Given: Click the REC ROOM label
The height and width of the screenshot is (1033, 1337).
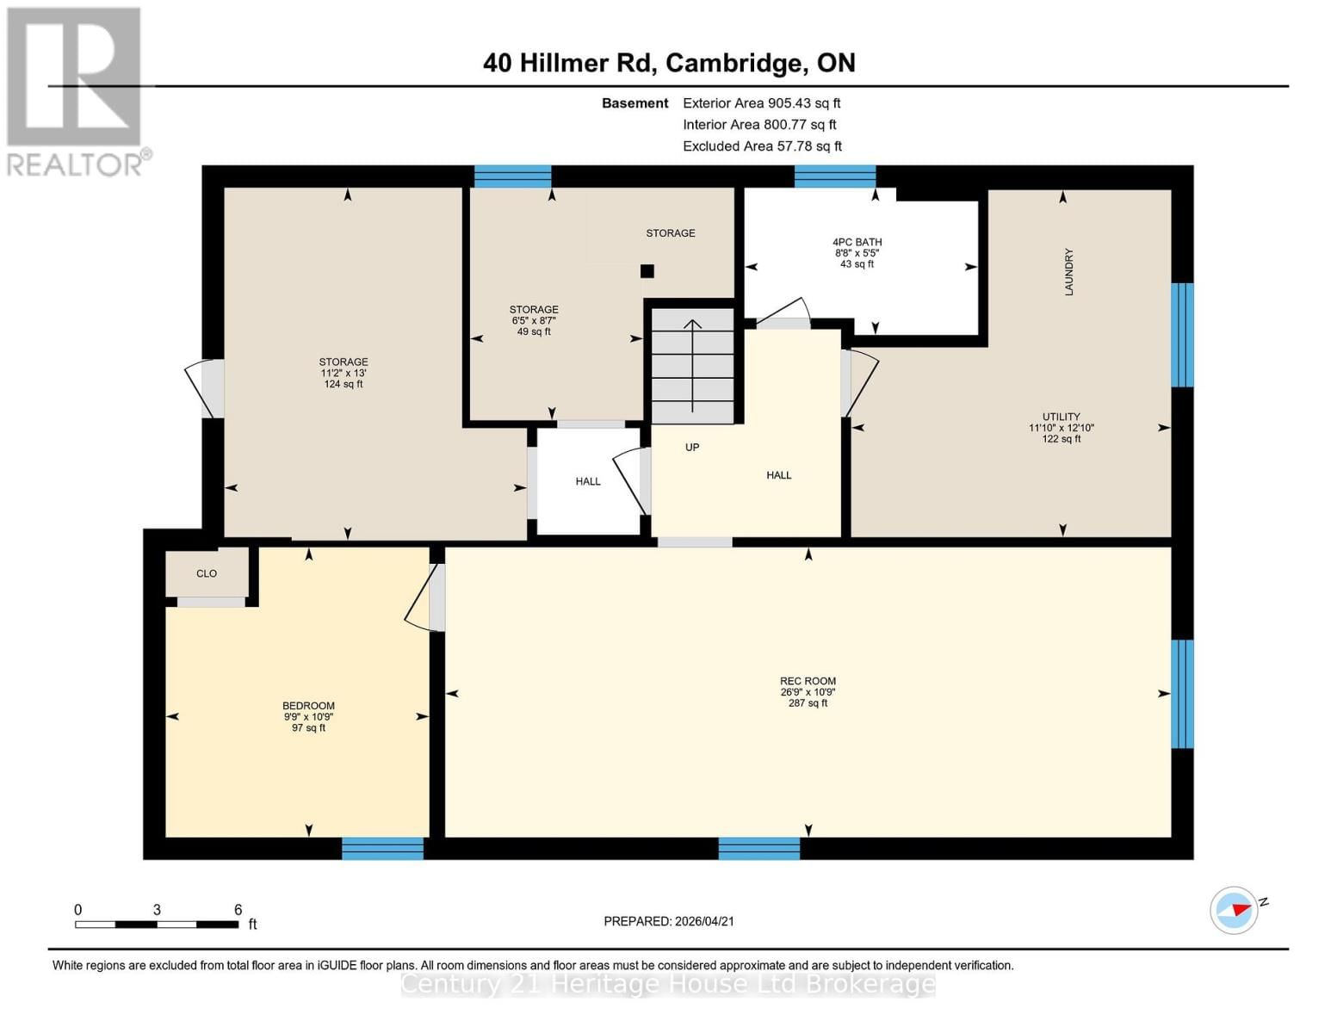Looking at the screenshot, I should [x=808, y=681].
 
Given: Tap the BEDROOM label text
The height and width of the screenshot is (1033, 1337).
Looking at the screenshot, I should [x=308, y=706].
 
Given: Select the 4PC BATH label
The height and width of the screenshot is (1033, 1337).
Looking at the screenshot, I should [x=857, y=243].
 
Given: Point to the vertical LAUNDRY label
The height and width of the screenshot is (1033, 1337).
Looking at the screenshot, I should [x=1068, y=272].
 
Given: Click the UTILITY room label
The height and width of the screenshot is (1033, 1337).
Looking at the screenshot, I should [x=1061, y=417].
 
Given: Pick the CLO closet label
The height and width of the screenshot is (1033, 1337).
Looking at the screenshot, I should [x=207, y=573].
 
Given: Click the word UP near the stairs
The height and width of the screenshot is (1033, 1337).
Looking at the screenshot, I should [x=691, y=448].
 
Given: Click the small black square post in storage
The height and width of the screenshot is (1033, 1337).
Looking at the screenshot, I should [x=647, y=271].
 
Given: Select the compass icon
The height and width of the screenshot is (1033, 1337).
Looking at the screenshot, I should [x=1234, y=910].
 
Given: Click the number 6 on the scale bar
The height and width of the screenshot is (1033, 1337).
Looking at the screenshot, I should [x=238, y=910].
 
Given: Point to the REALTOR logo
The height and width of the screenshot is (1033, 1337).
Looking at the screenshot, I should [x=76, y=91].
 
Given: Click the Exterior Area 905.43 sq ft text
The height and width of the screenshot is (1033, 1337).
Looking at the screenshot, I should [x=761, y=103].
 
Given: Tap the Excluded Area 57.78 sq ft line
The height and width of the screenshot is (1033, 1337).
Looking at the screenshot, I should [x=762, y=146].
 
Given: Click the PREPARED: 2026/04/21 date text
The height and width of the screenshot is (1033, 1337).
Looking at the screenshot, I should [x=669, y=921].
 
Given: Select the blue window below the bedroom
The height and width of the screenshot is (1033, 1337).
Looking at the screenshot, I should [x=382, y=849].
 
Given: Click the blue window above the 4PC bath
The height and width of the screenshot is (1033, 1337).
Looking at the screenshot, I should [x=834, y=176].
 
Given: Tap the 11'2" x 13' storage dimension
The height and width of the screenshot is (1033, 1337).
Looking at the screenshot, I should [x=343, y=374].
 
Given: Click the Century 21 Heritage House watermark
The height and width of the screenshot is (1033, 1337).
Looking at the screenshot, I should [x=668, y=984].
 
